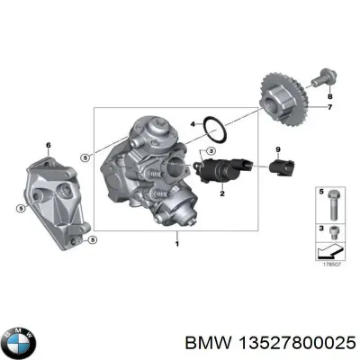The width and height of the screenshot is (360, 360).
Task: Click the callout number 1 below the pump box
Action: tap(178, 244)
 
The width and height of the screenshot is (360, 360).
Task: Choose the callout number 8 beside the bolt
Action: tap(329, 95)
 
